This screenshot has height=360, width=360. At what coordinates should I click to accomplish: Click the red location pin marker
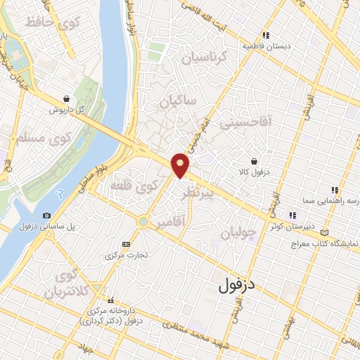point(181,164)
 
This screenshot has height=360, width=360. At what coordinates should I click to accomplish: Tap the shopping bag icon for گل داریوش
point(66,99)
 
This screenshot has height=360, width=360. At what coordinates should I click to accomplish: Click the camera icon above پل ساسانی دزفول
point(46,215)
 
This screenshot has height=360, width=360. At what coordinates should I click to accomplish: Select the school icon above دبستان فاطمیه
point(266,35)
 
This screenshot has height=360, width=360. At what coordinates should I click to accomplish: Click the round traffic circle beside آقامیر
point(143,221)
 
